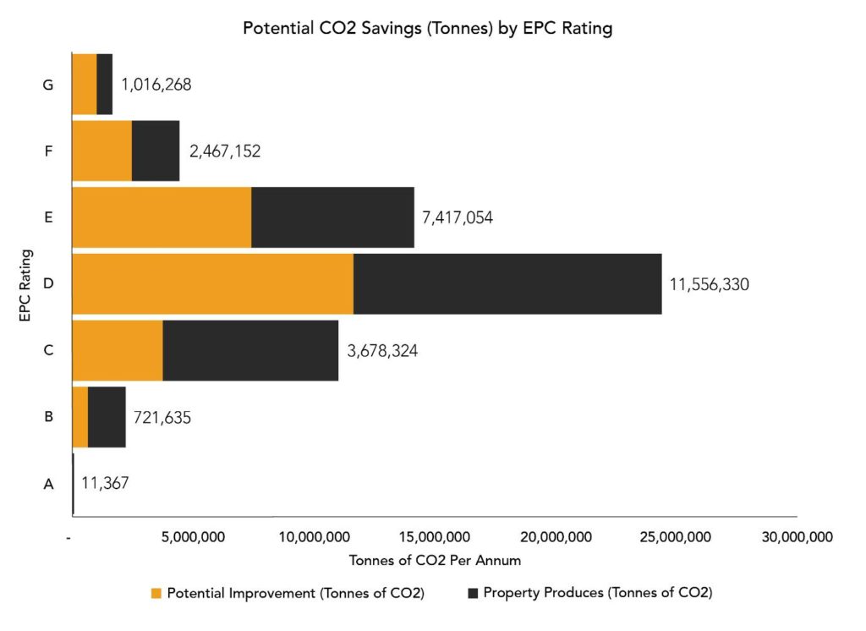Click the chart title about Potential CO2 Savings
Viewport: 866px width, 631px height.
pos(427,28)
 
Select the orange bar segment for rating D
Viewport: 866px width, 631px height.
pos(212,284)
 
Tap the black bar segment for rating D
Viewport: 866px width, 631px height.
pos(507,284)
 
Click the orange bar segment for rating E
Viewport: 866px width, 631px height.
pos(162,217)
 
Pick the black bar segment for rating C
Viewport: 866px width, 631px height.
pos(250,350)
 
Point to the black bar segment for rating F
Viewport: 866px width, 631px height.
pos(156,151)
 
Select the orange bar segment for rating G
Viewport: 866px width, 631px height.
pos(84,84)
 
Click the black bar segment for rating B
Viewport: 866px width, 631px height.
pos(107,417)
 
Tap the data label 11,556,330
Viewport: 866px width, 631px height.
pos(709,284)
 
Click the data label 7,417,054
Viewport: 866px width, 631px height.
pos(457,217)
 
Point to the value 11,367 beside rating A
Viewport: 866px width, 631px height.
pos(105,483)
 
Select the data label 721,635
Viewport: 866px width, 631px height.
pos(162,417)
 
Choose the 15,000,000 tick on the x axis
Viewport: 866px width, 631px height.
pos(434,537)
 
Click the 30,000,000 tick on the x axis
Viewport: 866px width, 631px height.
pos(797,537)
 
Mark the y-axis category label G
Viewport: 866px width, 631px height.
pos(48,85)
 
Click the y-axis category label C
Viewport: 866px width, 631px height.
pos(48,350)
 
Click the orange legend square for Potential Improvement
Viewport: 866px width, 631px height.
pos(156,593)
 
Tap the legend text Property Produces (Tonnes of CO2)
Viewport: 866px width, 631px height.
pos(597,593)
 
